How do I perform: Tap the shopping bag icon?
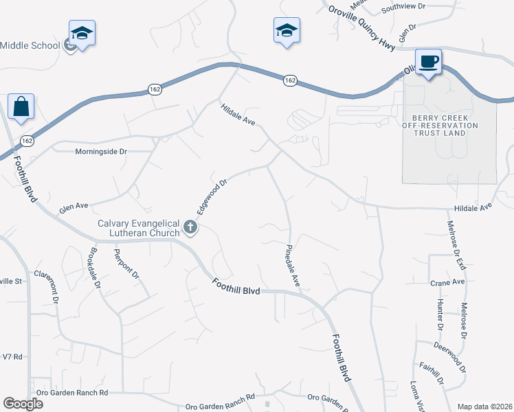coord(21,108)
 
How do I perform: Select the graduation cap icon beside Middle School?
coord(82,34)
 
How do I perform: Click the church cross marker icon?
coord(190,227)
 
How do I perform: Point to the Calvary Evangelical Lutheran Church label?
coord(138,228)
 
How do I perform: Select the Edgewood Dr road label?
coord(212,196)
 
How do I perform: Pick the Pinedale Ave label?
coord(293,265)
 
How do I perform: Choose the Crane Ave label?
coord(448,282)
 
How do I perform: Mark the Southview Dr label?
coord(403,6)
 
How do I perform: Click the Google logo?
coord(23,404)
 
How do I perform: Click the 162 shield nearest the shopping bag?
coord(27,141)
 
